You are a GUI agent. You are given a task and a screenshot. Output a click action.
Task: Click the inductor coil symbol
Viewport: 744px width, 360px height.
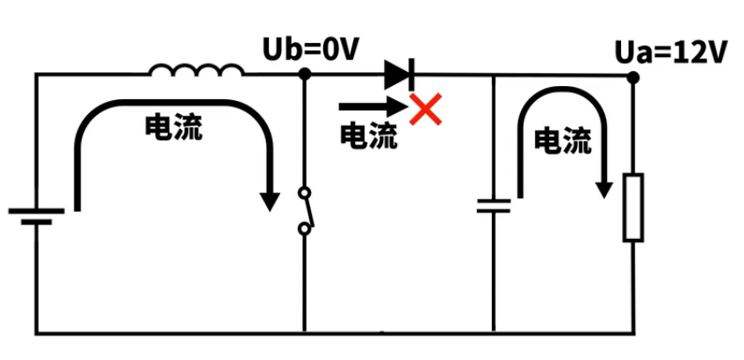196,71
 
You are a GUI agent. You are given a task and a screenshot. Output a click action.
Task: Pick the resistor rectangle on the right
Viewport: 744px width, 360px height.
633,207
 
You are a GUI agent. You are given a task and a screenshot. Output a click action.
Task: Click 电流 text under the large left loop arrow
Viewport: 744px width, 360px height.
173,128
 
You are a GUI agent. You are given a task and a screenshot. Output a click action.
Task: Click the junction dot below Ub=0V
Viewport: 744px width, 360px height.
304,76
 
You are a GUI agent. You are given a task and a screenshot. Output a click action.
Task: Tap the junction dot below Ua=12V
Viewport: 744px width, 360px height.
633,77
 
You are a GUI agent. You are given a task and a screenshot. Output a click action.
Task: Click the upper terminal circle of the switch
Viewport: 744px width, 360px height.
304,192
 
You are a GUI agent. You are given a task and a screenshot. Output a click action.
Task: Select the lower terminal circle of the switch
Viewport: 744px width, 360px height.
304,230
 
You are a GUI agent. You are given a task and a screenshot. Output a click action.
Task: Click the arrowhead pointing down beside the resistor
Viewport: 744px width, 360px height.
603,188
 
